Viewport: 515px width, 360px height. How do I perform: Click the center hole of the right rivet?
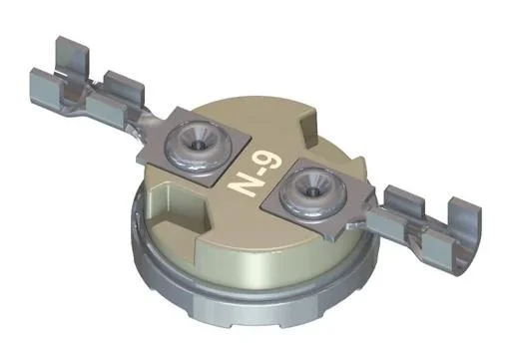pos(312,188)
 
